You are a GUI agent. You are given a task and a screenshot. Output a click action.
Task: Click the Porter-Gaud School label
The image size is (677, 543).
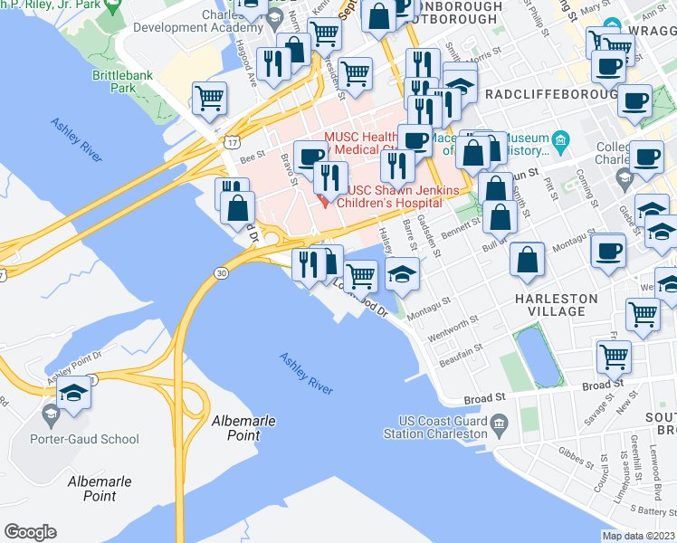coord(95,440)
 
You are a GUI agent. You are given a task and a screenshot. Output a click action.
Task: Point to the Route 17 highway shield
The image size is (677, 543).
coord(234,142)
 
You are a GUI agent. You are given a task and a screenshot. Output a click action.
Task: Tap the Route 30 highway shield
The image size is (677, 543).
coord(220,272)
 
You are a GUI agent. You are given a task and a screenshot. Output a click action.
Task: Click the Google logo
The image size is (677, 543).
coord(30,532)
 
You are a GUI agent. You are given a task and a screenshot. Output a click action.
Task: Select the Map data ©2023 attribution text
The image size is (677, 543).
coord(639,536)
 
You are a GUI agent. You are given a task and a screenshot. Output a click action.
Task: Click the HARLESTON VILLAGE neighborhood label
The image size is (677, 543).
coord(556,305)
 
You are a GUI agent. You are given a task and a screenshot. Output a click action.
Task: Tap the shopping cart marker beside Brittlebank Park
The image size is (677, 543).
coord(210,98)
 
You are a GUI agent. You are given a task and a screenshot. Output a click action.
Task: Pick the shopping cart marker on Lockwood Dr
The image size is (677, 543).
coord(361,275)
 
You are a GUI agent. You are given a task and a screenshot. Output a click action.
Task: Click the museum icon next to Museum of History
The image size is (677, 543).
coord(560,139)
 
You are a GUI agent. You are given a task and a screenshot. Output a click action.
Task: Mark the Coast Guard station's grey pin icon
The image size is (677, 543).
coord(498,423)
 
